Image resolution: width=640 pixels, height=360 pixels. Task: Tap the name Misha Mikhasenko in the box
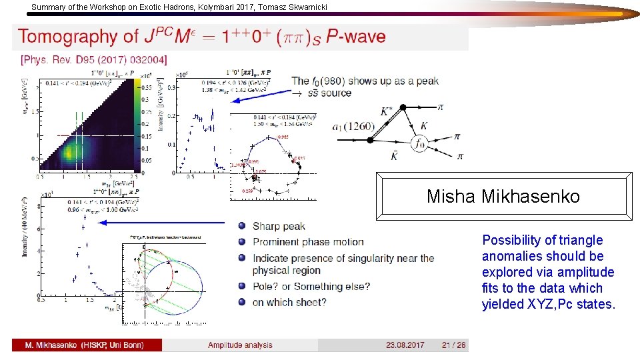(x=503, y=197)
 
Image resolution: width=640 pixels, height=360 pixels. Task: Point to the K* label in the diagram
(x=387, y=112)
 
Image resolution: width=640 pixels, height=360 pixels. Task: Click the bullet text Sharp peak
(x=279, y=226)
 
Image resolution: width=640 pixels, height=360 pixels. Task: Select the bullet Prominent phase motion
(x=308, y=242)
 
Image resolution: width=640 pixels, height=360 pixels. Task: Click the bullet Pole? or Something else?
(x=311, y=287)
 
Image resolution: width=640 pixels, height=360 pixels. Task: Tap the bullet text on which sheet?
(x=289, y=302)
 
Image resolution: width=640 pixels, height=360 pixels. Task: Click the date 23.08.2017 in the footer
(x=405, y=345)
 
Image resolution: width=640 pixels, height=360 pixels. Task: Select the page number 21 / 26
(x=453, y=345)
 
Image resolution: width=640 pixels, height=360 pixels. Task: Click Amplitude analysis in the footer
(x=240, y=345)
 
